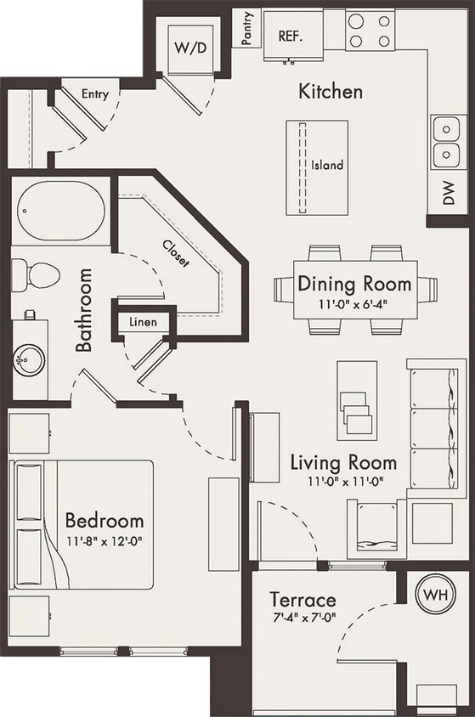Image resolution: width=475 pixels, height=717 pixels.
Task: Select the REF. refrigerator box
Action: point(291,37)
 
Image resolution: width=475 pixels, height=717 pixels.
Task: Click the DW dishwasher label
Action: point(447,195)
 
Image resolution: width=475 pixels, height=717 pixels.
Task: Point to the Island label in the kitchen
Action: point(327,166)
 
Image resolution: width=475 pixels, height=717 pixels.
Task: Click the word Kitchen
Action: point(330,91)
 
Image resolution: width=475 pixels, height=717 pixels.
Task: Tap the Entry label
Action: point(94,94)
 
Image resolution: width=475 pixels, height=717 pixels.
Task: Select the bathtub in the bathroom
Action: point(61,212)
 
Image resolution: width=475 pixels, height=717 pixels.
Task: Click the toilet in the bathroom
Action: point(37,274)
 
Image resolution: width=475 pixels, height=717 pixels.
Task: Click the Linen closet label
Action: point(143,323)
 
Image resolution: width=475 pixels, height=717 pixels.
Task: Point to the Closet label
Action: point(176,252)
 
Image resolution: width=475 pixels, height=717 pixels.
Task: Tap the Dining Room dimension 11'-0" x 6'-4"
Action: point(354,303)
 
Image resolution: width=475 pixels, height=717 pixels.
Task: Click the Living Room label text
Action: point(343,463)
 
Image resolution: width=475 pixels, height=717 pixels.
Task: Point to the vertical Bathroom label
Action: point(83,310)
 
